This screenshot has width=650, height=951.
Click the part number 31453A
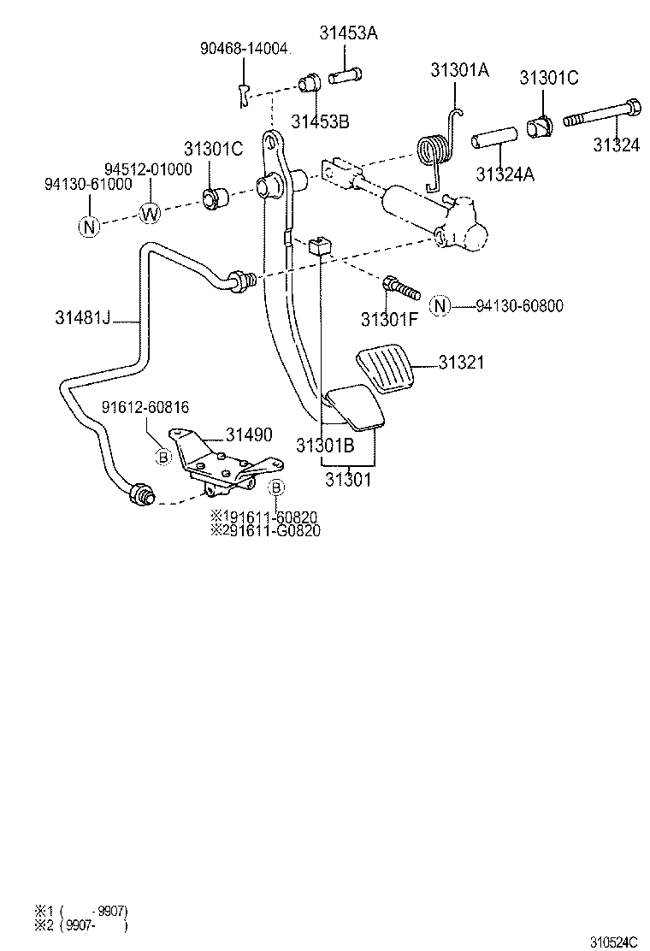tap(349, 33)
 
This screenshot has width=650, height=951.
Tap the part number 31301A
tap(459, 71)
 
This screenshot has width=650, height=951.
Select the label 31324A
tap(505, 174)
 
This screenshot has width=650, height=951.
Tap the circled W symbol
tap(150, 213)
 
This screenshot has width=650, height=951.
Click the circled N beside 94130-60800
tap(440, 305)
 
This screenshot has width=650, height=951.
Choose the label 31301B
tap(325, 446)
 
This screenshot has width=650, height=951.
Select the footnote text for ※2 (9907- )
tap(81, 924)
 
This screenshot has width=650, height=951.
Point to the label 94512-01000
tap(148, 168)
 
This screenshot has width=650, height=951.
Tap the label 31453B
tap(320, 121)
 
